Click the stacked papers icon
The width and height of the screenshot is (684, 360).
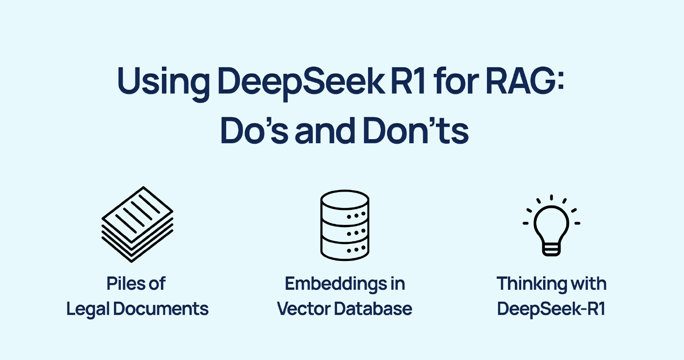pos(137,224)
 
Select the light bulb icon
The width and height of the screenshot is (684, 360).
pos(551,226)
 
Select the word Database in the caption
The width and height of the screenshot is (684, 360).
pos(373,309)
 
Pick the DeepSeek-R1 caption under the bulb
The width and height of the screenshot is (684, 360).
pos(551,309)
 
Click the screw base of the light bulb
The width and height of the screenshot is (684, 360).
pos(551,248)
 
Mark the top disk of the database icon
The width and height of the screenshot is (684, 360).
pos(345,199)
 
